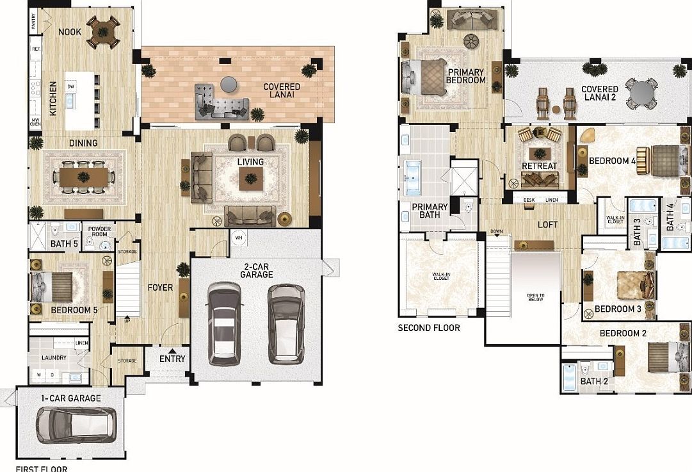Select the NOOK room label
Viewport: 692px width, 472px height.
(x=69, y=32)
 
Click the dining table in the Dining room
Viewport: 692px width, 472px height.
(x=83, y=175)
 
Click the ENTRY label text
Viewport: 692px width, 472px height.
(x=172, y=359)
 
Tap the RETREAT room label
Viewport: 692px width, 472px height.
(x=539, y=166)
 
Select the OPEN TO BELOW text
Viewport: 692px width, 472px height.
(x=536, y=297)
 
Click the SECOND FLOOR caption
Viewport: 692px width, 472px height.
(x=429, y=328)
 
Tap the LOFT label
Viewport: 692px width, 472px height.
(x=547, y=225)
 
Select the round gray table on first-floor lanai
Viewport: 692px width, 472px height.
(x=228, y=83)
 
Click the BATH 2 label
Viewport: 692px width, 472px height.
(x=594, y=381)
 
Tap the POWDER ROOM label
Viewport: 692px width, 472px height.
(x=100, y=231)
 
